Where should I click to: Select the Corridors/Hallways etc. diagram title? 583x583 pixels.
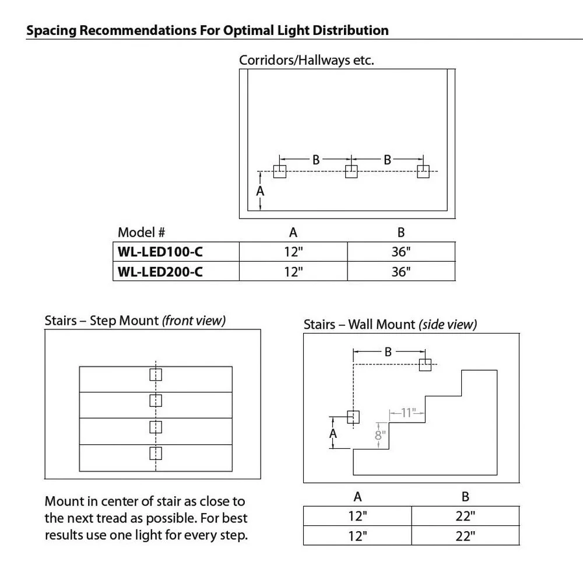click(x=306, y=60)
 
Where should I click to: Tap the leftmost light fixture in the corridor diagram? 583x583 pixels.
click(x=280, y=171)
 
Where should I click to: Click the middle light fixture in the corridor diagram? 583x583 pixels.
click(x=351, y=171)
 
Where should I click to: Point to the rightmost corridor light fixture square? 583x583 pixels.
click(x=423, y=171)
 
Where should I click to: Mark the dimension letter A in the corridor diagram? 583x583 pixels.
click(x=261, y=191)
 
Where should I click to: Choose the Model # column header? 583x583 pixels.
click(x=142, y=232)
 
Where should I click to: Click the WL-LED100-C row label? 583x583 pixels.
click(x=161, y=252)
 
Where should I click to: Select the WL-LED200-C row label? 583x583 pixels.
click(x=161, y=271)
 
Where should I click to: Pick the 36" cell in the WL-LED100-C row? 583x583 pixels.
click(x=401, y=252)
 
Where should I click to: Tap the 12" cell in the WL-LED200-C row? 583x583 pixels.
click(x=293, y=271)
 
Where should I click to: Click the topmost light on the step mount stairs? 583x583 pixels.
click(x=156, y=374)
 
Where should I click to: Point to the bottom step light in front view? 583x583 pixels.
click(x=156, y=453)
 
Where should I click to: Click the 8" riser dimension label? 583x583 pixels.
click(x=380, y=435)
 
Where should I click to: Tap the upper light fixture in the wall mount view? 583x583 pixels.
click(x=425, y=365)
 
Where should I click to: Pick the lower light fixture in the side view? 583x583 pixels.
click(x=353, y=417)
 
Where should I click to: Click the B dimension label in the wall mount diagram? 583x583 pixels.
click(x=388, y=352)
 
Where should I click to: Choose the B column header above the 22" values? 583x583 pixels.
click(x=465, y=497)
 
